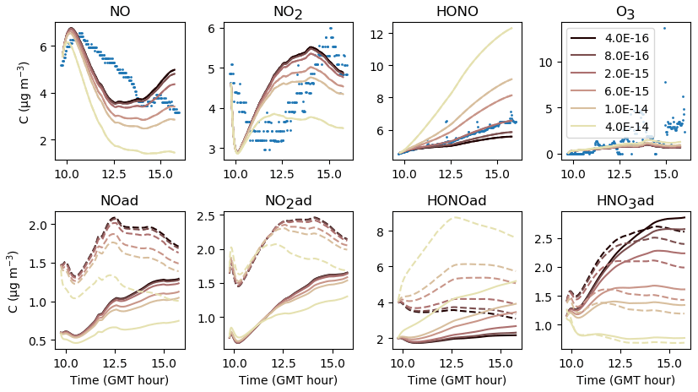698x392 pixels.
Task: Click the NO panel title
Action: pos(120,12)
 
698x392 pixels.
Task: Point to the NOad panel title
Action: pos(120,201)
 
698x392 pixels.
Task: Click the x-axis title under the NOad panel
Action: pos(120,379)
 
